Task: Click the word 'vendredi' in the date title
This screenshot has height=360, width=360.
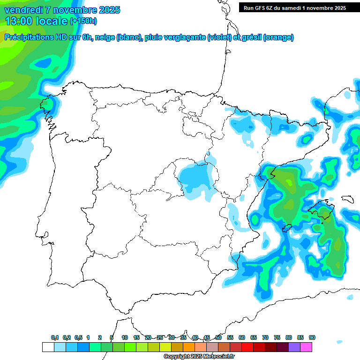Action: pos(22,10)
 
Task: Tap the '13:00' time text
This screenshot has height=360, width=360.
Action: pos(19,21)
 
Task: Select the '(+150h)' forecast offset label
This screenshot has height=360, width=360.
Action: pos(83,21)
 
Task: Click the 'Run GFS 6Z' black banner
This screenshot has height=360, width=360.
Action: pos(294,7)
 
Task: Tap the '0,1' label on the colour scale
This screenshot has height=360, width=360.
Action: pos(55,337)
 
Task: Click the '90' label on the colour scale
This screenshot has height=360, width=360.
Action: pos(312,337)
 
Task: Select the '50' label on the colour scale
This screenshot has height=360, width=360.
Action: pos(218,337)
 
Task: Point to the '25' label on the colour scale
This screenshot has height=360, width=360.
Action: pos(160,337)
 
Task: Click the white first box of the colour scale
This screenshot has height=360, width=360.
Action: pos(48,347)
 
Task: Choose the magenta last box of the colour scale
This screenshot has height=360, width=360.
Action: pos(306,347)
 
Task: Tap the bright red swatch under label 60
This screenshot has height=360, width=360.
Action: pos(247,347)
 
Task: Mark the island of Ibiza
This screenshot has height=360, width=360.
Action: pos(287,228)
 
